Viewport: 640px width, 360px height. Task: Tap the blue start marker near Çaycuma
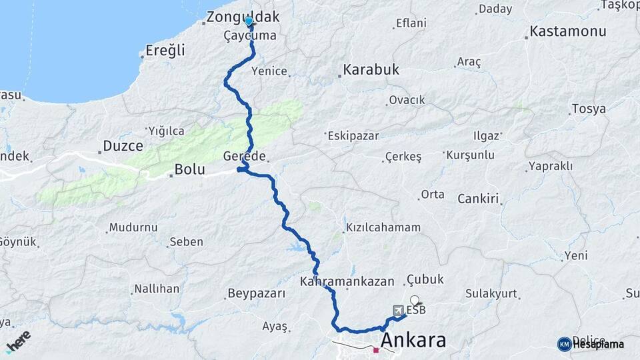point(249,21)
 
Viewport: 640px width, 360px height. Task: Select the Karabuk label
point(371,69)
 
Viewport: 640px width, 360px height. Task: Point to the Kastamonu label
point(567,31)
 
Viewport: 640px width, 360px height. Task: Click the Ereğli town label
point(165,51)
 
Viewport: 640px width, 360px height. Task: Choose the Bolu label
point(189,169)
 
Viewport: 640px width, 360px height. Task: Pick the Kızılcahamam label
point(383,227)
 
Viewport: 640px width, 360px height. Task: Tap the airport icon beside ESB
point(398,310)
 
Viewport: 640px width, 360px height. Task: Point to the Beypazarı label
point(257,293)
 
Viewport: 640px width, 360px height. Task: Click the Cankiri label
point(479,199)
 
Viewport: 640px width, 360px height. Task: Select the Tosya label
point(589,109)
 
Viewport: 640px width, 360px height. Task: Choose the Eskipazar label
point(353,135)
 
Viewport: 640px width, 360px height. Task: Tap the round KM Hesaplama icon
point(564,344)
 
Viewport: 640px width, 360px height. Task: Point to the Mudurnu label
point(133,227)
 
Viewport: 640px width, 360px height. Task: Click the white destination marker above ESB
point(415,300)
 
